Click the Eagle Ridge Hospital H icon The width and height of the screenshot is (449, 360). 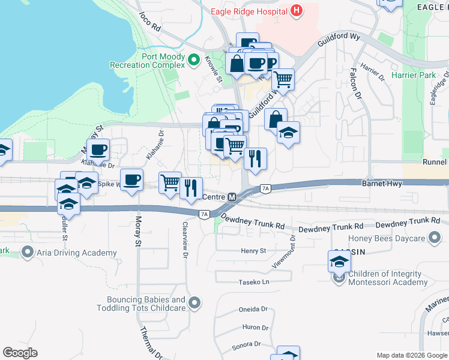295,10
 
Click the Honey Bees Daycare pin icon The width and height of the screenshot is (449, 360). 435,238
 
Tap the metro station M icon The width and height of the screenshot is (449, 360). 232,197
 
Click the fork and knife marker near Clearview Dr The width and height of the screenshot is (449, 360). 191,188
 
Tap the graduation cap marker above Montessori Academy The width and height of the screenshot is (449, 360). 339,262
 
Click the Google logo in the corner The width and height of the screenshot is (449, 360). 20,353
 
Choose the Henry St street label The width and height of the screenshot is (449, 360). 253,251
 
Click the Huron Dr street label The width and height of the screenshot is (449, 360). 255,327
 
